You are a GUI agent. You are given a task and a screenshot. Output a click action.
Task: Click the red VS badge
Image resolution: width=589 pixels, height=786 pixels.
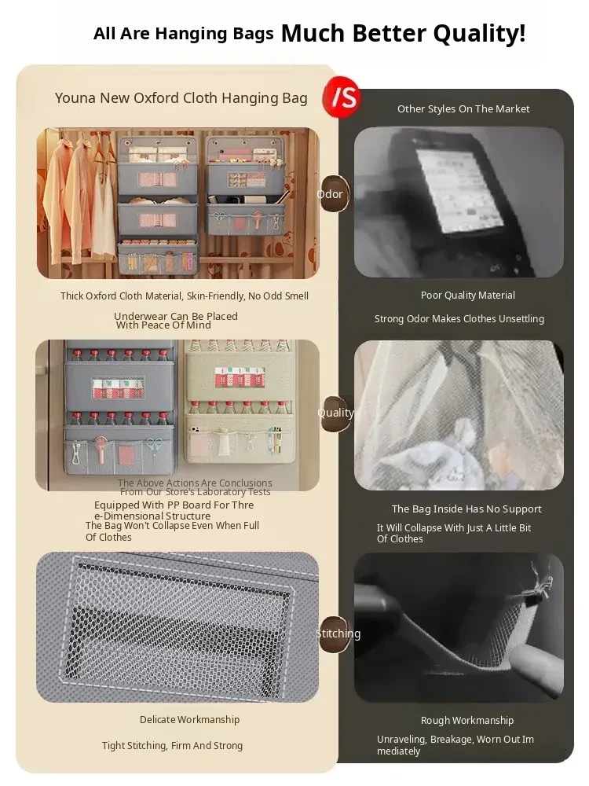click(342, 97)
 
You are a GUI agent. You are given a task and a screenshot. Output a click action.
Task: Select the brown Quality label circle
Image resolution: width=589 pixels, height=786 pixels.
click(335, 413)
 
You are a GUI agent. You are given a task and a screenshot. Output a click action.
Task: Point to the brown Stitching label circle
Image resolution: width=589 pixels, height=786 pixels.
click(335, 634)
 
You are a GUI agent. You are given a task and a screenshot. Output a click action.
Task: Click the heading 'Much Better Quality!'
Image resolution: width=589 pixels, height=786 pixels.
click(403, 33)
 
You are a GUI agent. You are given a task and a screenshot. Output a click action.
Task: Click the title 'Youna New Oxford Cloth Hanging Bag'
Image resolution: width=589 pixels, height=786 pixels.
click(181, 97)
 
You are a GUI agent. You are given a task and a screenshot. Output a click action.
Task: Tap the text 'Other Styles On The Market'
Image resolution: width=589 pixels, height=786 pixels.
click(463, 108)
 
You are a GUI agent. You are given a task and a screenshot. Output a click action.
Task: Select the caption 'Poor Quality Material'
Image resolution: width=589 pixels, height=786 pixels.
click(468, 296)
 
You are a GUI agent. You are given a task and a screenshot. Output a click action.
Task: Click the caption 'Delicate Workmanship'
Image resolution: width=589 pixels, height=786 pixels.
click(189, 720)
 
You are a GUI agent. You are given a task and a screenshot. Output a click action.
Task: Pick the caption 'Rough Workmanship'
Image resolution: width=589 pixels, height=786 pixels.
click(467, 720)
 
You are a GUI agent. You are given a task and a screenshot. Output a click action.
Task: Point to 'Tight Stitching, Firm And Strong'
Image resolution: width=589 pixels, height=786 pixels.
click(172, 746)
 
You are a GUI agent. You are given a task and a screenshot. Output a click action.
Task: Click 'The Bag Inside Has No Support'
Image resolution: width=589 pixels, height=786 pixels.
click(466, 509)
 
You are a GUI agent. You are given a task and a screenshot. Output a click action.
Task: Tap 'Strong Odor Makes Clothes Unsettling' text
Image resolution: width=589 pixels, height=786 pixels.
click(459, 319)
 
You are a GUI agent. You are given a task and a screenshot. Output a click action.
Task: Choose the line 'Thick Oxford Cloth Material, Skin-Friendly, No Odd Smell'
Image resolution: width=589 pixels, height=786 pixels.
click(185, 296)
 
